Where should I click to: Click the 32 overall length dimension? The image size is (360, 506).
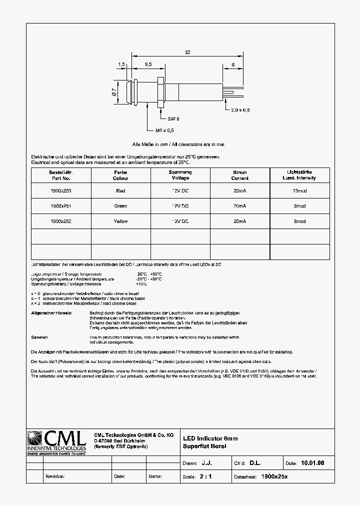click(187, 51)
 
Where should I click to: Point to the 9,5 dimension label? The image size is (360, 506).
click(148, 64)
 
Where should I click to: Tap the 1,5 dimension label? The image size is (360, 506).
click(121, 64)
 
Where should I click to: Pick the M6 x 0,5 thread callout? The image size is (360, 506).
click(164, 130)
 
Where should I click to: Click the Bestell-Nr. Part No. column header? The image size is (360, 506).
click(61, 175)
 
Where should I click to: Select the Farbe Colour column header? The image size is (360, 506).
click(120, 175)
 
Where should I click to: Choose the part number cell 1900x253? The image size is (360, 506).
click(61, 190)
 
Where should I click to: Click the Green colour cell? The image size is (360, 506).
click(120, 206)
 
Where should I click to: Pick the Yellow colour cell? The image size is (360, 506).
click(120, 221)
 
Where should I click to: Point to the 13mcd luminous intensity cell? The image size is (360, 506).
click(299, 190)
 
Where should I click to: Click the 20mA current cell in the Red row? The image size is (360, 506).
click(239, 190)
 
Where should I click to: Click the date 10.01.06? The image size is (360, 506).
click(312, 463)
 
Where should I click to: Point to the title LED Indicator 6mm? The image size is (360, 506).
click(210, 438)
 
